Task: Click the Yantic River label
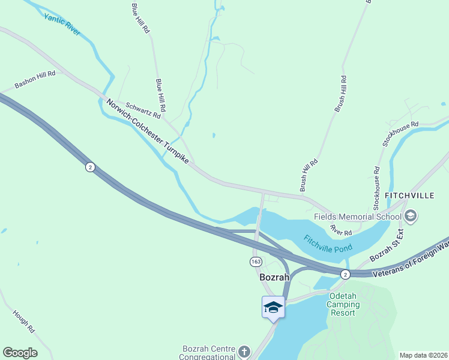pyautogui.click(x=62, y=23)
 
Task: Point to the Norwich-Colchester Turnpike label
pyautogui.click(x=148, y=132)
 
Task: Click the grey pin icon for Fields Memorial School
pyautogui.click(x=411, y=215)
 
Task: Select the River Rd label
pyautogui.click(x=340, y=231)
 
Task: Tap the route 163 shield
pyautogui.click(x=256, y=261)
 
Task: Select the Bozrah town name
pyautogui.click(x=274, y=278)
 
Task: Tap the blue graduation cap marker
pyautogui.click(x=273, y=307)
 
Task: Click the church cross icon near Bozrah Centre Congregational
pyautogui.click(x=244, y=350)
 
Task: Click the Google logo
pyautogui.click(x=20, y=353)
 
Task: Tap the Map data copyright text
pyautogui.click(x=423, y=355)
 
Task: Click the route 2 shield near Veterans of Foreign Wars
pyautogui.click(x=345, y=274)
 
